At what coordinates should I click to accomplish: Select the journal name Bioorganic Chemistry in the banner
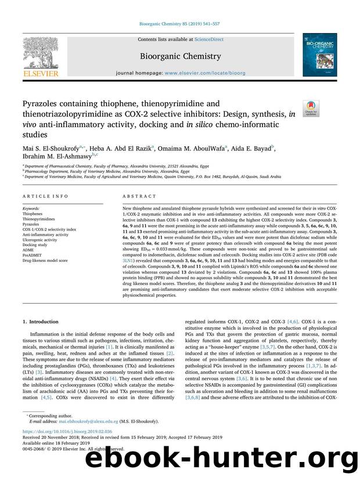[179, 56]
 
